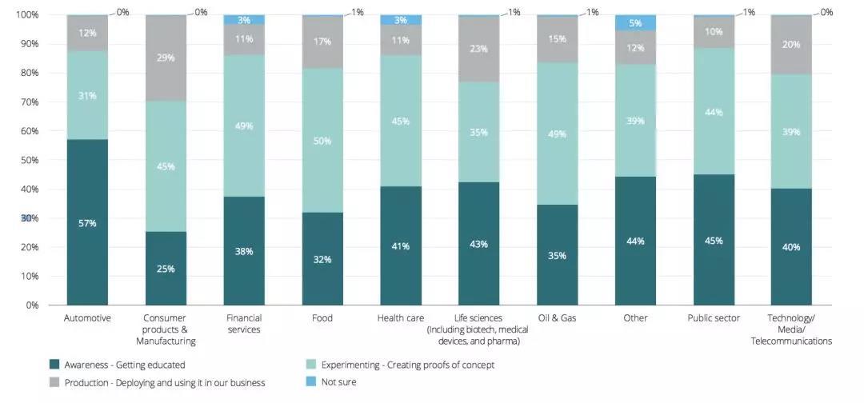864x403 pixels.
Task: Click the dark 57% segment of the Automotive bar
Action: [x=87, y=222]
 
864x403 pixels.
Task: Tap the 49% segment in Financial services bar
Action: [x=244, y=126]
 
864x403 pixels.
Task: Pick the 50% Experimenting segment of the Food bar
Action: [x=322, y=141]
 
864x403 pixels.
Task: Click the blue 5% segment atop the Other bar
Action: [x=635, y=23]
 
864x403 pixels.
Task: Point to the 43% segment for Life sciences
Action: [x=478, y=244]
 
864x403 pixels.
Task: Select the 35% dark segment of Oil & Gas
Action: [x=557, y=255]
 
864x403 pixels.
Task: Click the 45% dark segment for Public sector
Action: [x=714, y=240]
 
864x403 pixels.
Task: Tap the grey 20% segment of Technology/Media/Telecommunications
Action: [x=791, y=45]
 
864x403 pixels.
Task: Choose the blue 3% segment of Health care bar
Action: [x=400, y=20]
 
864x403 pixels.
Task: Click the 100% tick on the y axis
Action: [x=27, y=15]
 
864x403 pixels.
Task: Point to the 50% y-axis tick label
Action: [x=30, y=160]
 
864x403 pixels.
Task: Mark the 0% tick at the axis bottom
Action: [x=32, y=305]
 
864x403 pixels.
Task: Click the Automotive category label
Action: [x=87, y=318]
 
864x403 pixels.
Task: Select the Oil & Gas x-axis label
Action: [x=557, y=318]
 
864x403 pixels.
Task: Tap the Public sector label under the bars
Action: [x=714, y=318]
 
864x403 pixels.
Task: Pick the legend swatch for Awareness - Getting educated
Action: [x=54, y=365]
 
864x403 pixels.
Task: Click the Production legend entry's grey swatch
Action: [x=54, y=382]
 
